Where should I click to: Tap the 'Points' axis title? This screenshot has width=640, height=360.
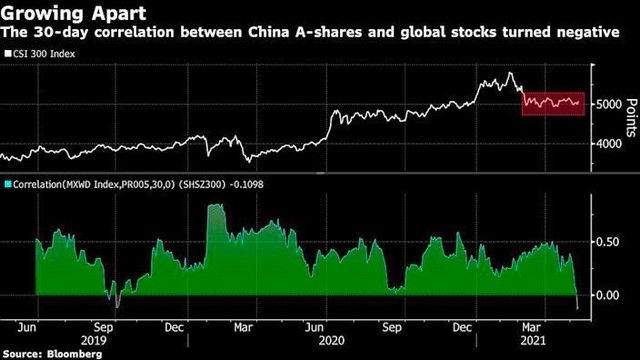631,118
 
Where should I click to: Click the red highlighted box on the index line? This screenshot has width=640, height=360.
553,101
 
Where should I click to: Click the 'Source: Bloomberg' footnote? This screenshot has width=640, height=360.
45,352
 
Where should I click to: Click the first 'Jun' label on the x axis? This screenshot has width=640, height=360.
29,325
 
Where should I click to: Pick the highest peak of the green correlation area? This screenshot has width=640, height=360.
214,204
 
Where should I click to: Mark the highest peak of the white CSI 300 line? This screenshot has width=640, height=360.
511,74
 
